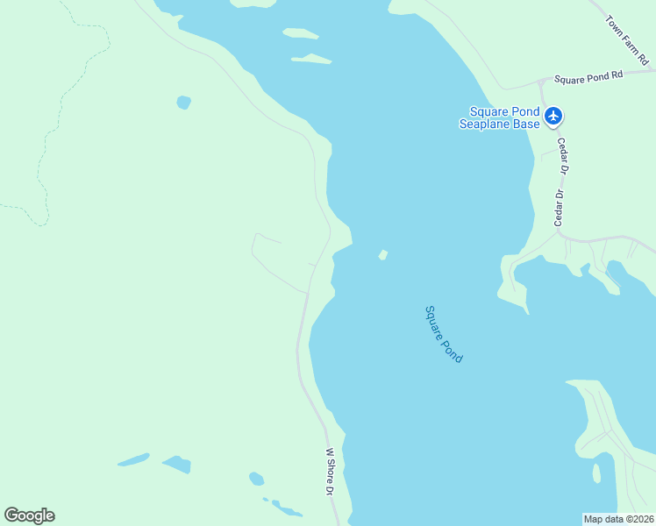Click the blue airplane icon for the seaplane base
click(553, 116)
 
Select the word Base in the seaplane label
click(526, 124)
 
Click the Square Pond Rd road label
click(588, 77)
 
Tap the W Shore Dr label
click(331, 473)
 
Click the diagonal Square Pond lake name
click(443, 334)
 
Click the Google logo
click(29, 515)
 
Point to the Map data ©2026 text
click(618, 519)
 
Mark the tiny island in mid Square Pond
click(382, 255)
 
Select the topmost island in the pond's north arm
click(300, 33)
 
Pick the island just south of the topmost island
click(311, 60)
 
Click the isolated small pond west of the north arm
click(183, 103)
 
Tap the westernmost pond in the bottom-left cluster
click(132, 459)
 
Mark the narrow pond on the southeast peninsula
click(596, 473)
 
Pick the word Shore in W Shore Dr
click(331, 474)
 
